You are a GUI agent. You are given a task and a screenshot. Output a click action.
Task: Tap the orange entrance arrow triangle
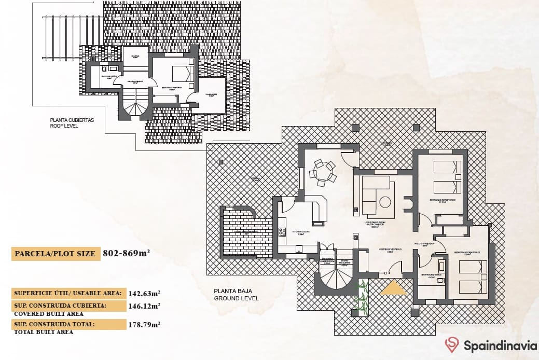tap(394, 288)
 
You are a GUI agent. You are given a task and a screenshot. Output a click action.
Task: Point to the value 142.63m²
tap(144, 293)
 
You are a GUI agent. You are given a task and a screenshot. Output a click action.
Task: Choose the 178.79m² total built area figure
tap(144, 325)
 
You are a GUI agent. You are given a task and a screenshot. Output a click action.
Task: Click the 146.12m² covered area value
tap(144, 306)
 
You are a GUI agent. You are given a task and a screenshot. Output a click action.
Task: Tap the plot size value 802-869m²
tap(127, 254)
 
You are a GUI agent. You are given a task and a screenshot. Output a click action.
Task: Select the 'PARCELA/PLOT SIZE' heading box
tap(55, 254)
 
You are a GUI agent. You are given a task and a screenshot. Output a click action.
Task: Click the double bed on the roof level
tap(182, 73)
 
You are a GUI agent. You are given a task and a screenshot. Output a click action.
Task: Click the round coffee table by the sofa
tap(385, 202)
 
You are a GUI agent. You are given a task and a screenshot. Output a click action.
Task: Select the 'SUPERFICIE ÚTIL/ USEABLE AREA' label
tap(68, 293)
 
